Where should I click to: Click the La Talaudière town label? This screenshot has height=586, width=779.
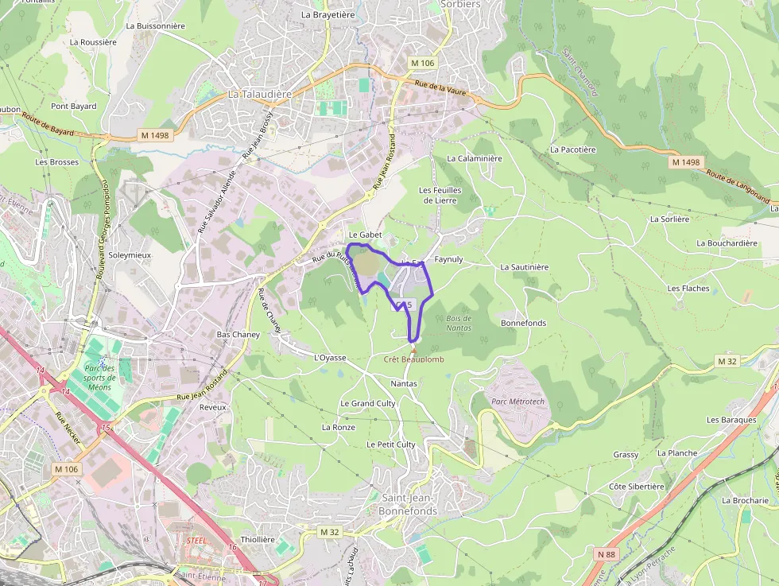[260, 94]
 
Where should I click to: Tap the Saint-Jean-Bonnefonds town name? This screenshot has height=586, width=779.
[409, 504]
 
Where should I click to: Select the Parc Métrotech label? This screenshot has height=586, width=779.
[518, 401]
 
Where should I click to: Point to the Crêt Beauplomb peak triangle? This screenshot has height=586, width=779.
[413, 348]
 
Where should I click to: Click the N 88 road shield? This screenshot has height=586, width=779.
[607, 553]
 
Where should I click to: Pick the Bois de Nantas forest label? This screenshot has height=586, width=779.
[459, 323]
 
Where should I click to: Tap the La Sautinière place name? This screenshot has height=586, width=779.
[525, 267]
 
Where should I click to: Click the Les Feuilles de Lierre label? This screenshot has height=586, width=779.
[440, 195]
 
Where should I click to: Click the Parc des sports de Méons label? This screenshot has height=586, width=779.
[101, 378]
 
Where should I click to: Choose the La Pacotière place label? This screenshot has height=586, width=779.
[572, 149]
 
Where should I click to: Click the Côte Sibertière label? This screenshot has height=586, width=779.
[636, 486]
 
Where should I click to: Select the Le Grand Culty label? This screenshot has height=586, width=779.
[368, 403]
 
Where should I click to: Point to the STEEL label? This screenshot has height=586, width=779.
[196, 540]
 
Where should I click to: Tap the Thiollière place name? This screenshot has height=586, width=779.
[258, 539]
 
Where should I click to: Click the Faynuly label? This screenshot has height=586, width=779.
[448, 259]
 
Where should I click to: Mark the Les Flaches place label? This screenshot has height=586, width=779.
[688, 288]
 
